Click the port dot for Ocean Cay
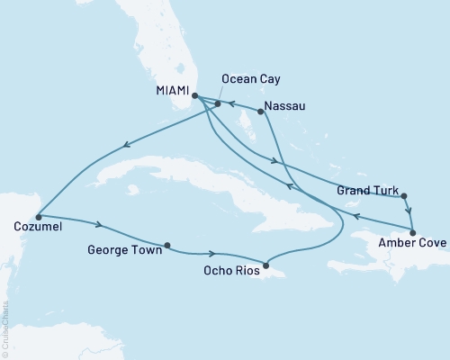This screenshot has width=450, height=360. click(x=218, y=103)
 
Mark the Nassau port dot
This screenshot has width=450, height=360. click(x=260, y=112)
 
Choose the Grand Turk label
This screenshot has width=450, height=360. click(x=364, y=191)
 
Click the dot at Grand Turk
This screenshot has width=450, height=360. click(x=404, y=195)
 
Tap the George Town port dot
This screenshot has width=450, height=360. click(x=167, y=244)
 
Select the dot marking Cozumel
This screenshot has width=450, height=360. click(x=38, y=217)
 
